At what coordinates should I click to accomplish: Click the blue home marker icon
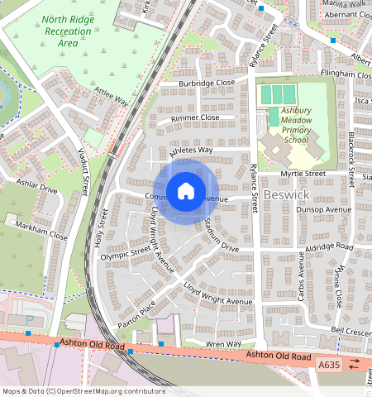pyautogui.click(x=186, y=191)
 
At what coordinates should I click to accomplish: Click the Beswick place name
pyautogui.click(x=288, y=194)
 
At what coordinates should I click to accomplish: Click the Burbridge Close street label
pyautogui.click(x=209, y=84)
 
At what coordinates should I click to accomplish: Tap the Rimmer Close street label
pyautogui.click(x=195, y=117)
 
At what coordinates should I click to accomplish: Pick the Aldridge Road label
pyautogui.click(x=329, y=247)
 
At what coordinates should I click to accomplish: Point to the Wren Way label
pyautogui.click(x=224, y=343)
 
